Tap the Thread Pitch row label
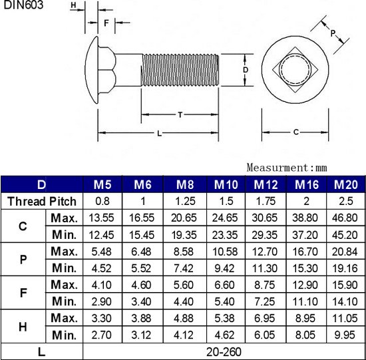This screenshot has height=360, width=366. point(42,201)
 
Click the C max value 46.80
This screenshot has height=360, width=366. point(346,218)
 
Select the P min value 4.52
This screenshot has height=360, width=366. point(102,268)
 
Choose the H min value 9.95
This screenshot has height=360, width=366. point(346,334)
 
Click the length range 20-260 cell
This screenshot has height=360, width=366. point(224,351)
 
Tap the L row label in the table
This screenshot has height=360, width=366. point(42,351)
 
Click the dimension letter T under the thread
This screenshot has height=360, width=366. point(180,115)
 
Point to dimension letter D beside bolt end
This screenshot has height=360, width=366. point(245,70)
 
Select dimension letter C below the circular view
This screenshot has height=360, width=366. point(295,132)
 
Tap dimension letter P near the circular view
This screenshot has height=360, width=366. point(333,33)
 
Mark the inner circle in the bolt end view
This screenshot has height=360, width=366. point(295,70)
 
